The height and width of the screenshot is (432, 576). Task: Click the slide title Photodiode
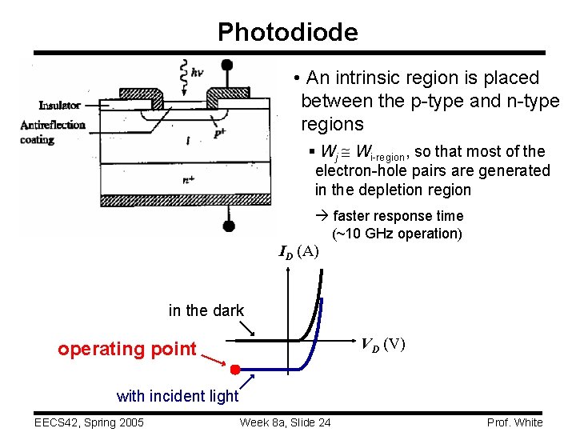click(x=287, y=32)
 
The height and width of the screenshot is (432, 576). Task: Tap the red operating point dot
click(x=235, y=370)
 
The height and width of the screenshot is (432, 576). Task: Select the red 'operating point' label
click(x=127, y=349)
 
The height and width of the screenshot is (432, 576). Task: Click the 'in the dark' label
click(x=206, y=310)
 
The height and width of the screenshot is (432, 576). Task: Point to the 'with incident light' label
click(x=178, y=395)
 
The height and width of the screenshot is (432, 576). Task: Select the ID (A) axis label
click(x=298, y=252)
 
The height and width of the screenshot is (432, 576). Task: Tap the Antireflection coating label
click(x=53, y=132)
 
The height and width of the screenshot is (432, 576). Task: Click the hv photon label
click(x=196, y=72)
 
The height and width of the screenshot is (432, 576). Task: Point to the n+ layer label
click(x=189, y=179)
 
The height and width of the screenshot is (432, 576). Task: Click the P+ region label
click(x=218, y=134)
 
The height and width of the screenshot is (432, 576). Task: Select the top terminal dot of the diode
click(x=227, y=65)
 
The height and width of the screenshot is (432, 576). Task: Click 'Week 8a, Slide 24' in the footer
click(x=286, y=422)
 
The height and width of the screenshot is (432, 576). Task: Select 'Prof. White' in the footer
click(x=514, y=422)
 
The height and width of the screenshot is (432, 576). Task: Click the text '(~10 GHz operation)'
click(x=397, y=234)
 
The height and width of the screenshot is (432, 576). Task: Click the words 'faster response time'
click(x=398, y=216)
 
